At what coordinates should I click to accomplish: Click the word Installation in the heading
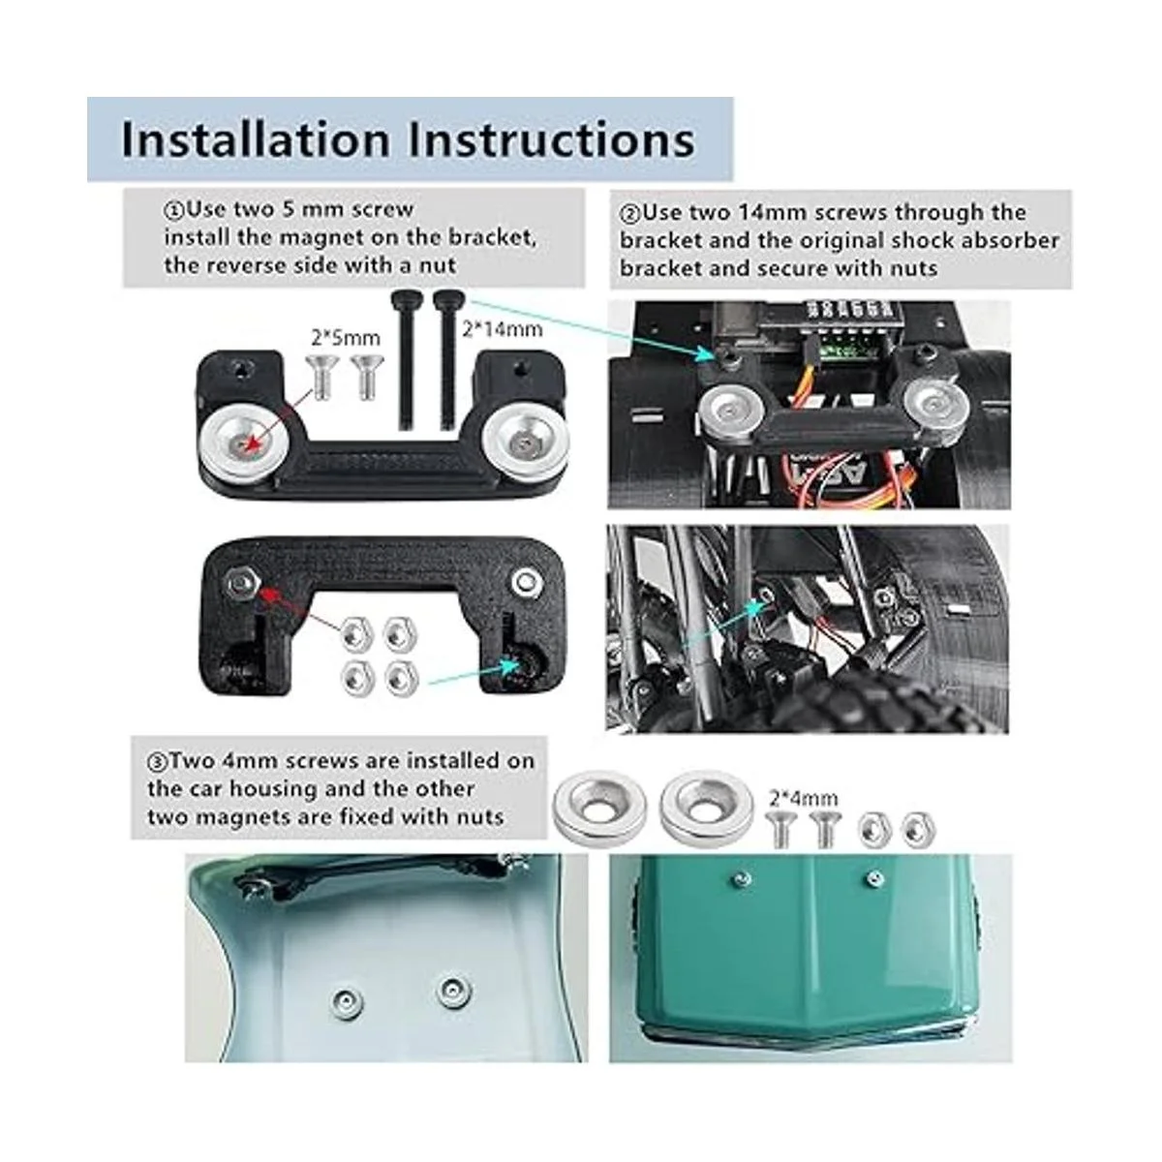[256, 139]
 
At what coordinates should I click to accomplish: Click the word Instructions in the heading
[551, 139]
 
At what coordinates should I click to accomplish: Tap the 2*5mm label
[346, 338]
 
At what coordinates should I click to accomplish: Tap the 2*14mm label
[503, 328]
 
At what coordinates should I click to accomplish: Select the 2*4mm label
[803, 798]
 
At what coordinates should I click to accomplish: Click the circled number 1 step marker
[172, 211]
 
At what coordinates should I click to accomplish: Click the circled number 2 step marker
[629, 213]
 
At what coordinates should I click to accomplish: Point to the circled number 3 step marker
[157, 762]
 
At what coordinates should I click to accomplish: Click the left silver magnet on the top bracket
[241, 443]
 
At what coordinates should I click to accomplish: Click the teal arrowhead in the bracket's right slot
[511, 665]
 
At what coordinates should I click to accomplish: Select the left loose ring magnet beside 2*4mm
[600, 808]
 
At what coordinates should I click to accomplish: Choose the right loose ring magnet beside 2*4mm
[707, 807]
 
